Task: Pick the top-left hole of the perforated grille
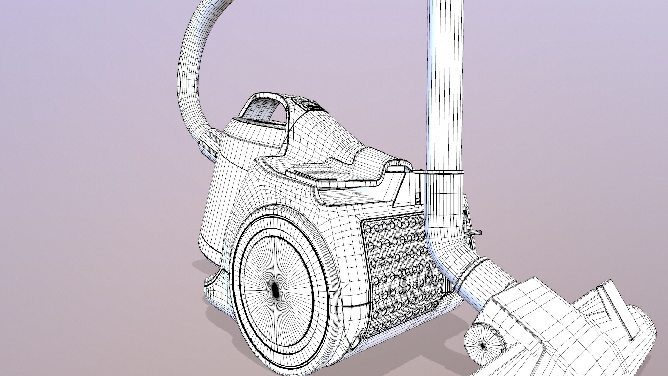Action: pos(369,228)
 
